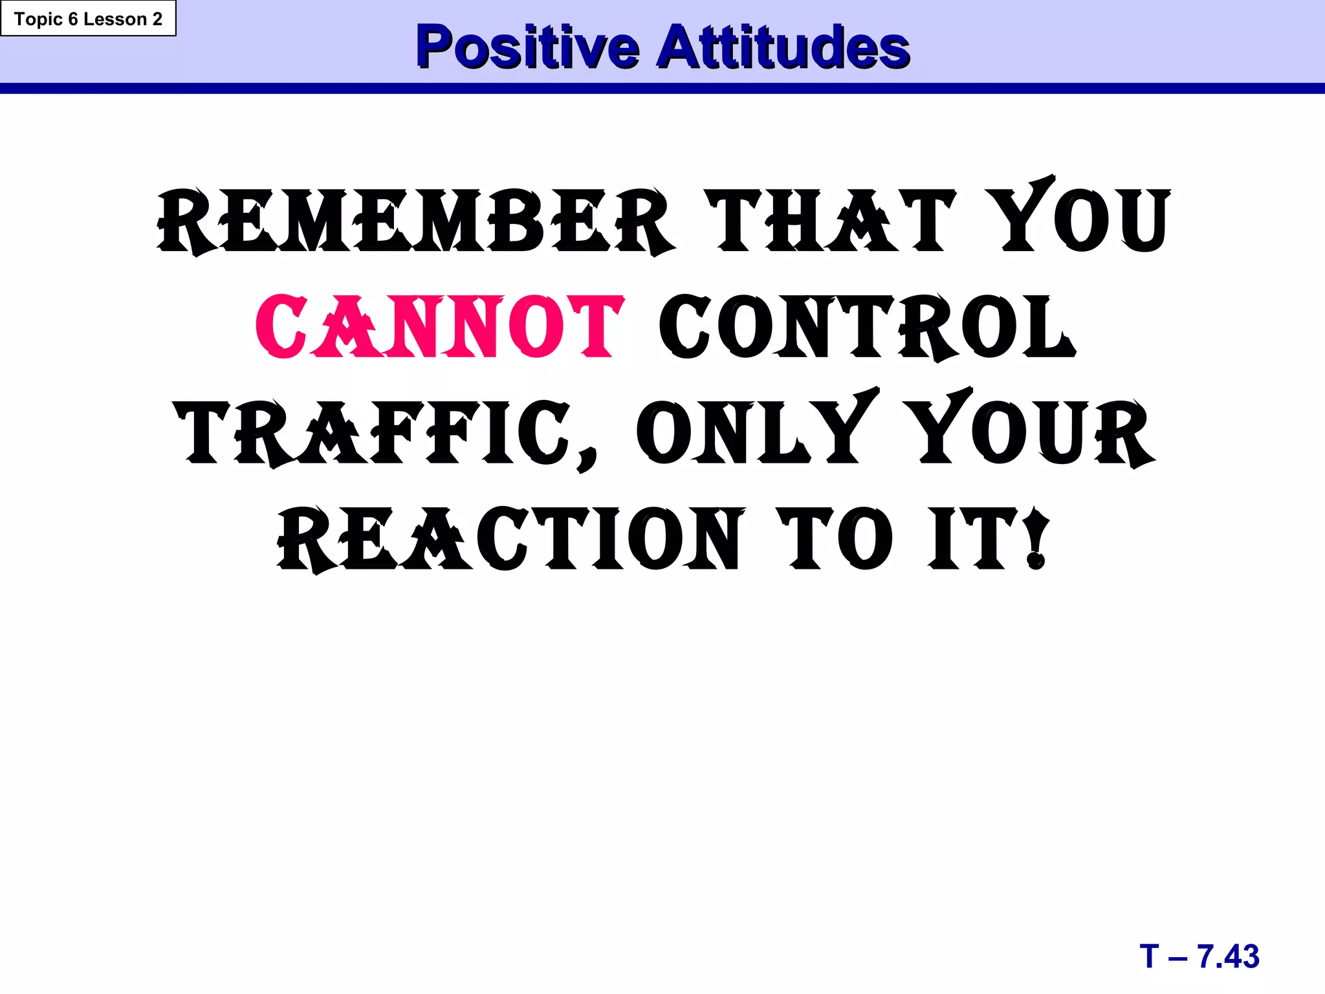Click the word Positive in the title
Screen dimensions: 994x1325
(x=527, y=47)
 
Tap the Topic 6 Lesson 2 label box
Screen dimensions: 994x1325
(x=88, y=19)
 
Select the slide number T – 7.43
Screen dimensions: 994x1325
(x=1199, y=956)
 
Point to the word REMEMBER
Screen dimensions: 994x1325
(x=414, y=220)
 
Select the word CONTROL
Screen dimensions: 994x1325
(x=867, y=327)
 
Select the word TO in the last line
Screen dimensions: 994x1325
(x=835, y=539)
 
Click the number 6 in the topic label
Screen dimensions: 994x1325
(x=72, y=19)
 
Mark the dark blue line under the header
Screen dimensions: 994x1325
(x=662, y=89)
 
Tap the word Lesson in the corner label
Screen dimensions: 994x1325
(x=115, y=19)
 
